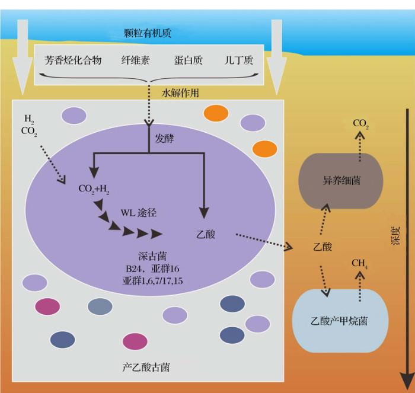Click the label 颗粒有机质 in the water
[148, 33]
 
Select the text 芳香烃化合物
[73, 60]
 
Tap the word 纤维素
[136, 60]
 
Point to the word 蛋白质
[189, 60]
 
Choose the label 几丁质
[239, 60]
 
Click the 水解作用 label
[180, 93]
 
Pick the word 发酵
[164, 139]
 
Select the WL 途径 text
[139, 213]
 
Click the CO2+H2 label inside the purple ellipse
[94, 189]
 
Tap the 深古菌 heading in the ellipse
[152, 256]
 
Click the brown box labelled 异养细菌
[341, 181]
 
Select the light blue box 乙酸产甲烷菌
[340, 321]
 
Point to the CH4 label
[359, 264]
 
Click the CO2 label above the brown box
[360, 123]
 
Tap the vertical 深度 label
[395, 236]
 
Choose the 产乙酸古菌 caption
[146, 368]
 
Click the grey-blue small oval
[100, 306]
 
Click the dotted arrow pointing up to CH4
[360, 287]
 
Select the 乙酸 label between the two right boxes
[323, 247]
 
